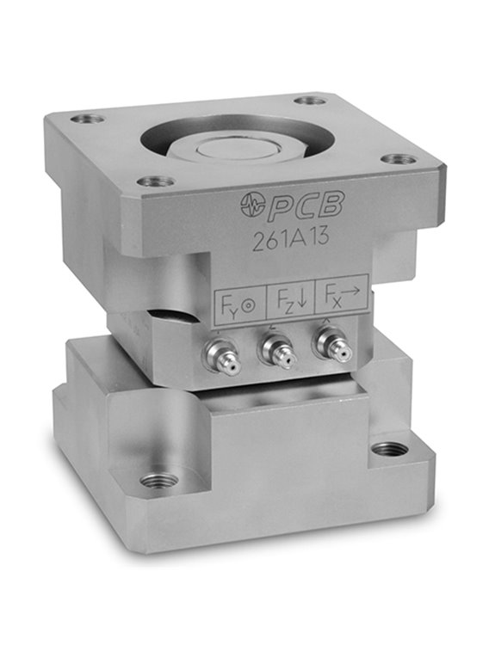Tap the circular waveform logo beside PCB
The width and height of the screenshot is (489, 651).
[x=252, y=204]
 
